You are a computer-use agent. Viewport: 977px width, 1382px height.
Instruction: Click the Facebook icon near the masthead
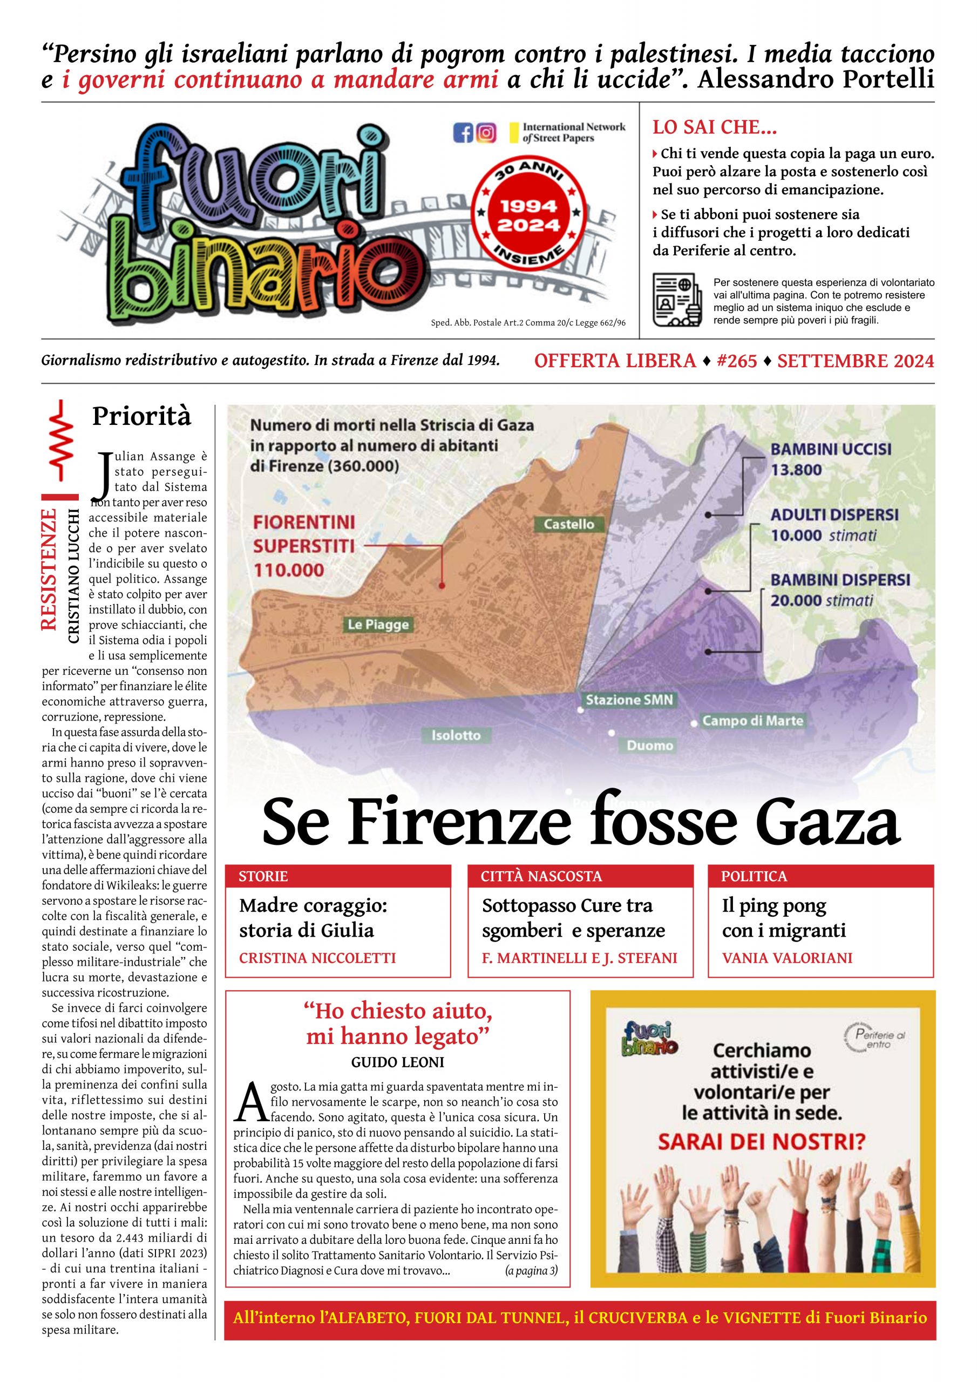point(463,132)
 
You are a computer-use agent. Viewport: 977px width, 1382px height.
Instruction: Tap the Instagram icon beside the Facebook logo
point(486,132)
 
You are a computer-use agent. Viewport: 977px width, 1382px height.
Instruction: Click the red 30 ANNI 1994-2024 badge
point(528,215)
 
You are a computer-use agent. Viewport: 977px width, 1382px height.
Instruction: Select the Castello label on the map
point(569,524)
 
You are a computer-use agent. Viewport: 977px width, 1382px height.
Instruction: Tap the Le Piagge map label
point(378,625)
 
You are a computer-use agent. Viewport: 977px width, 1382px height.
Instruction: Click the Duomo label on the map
point(649,746)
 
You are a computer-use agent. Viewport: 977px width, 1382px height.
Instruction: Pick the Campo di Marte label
point(752,721)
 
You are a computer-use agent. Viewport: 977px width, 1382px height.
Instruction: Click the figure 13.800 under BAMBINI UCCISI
point(796,470)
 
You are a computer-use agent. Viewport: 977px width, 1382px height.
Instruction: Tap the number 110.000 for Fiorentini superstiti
point(288,570)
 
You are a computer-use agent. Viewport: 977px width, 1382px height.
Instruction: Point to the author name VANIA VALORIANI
point(788,958)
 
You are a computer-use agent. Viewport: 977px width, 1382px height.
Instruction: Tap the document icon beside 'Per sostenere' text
point(677,300)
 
